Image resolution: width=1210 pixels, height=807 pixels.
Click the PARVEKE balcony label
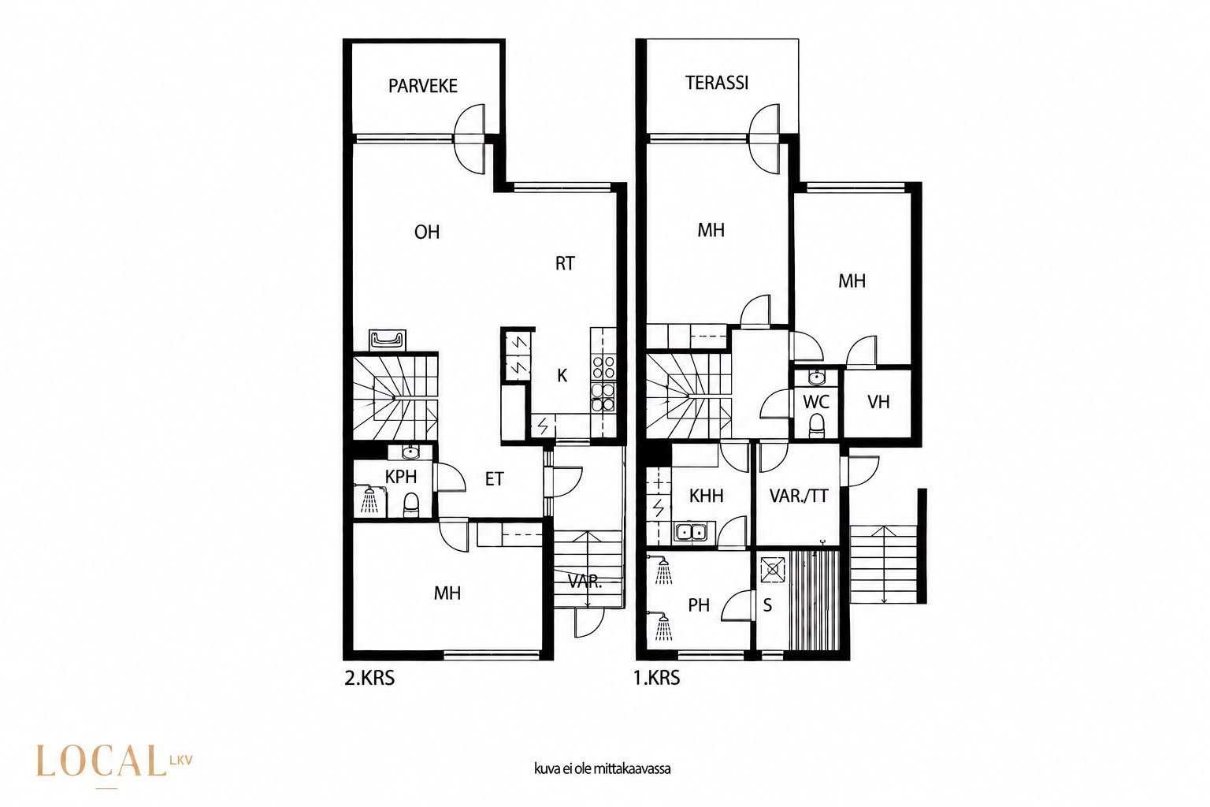coord(423,86)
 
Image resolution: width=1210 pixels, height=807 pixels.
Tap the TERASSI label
coord(717,83)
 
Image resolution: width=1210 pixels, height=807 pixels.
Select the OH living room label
coord(427,232)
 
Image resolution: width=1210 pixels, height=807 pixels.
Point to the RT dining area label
coord(565,263)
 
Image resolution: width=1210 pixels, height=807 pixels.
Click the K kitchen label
coord(562,376)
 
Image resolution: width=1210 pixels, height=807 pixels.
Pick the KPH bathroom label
coord(401,477)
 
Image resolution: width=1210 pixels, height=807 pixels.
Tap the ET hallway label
coord(494,479)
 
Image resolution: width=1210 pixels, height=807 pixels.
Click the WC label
coord(815,402)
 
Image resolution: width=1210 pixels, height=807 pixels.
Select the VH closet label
coord(878,402)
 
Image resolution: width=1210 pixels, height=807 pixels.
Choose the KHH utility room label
coord(706,496)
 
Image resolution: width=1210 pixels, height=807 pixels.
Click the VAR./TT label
coord(799,496)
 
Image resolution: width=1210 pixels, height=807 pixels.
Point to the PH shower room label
coord(699,605)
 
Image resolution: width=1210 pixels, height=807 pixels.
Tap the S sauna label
coord(767,605)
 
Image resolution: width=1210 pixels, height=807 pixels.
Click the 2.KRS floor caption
coord(369,679)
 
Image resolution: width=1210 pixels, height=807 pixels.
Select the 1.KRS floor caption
coord(657,678)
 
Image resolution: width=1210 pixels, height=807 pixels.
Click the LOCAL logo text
coord(101,761)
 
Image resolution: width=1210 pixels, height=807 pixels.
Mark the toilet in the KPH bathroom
coord(411,504)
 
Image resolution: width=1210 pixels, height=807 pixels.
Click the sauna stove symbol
coord(773,571)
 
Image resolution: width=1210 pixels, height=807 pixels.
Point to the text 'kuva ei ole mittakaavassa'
coord(603,768)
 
